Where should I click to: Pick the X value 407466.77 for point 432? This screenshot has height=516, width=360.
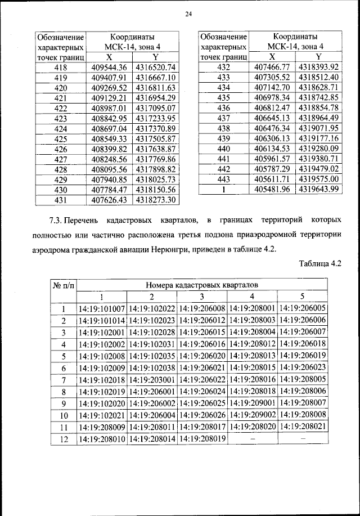pyautogui.click(x=272, y=68)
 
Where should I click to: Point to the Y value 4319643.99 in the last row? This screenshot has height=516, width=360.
pyautogui.click(x=319, y=189)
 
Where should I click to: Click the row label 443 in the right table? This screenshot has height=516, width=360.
pyautogui.click(x=224, y=179)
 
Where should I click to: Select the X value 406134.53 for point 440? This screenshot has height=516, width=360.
pyautogui.click(x=272, y=149)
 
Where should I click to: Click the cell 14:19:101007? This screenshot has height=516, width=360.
pyautogui.click(x=102, y=308)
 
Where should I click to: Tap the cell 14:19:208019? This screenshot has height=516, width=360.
pyautogui.click(x=202, y=438)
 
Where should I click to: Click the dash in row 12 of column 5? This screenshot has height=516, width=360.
pyautogui.click(x=302, y=438)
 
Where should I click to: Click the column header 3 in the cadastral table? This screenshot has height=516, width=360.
pyautogui.click(x=202, y=296)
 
